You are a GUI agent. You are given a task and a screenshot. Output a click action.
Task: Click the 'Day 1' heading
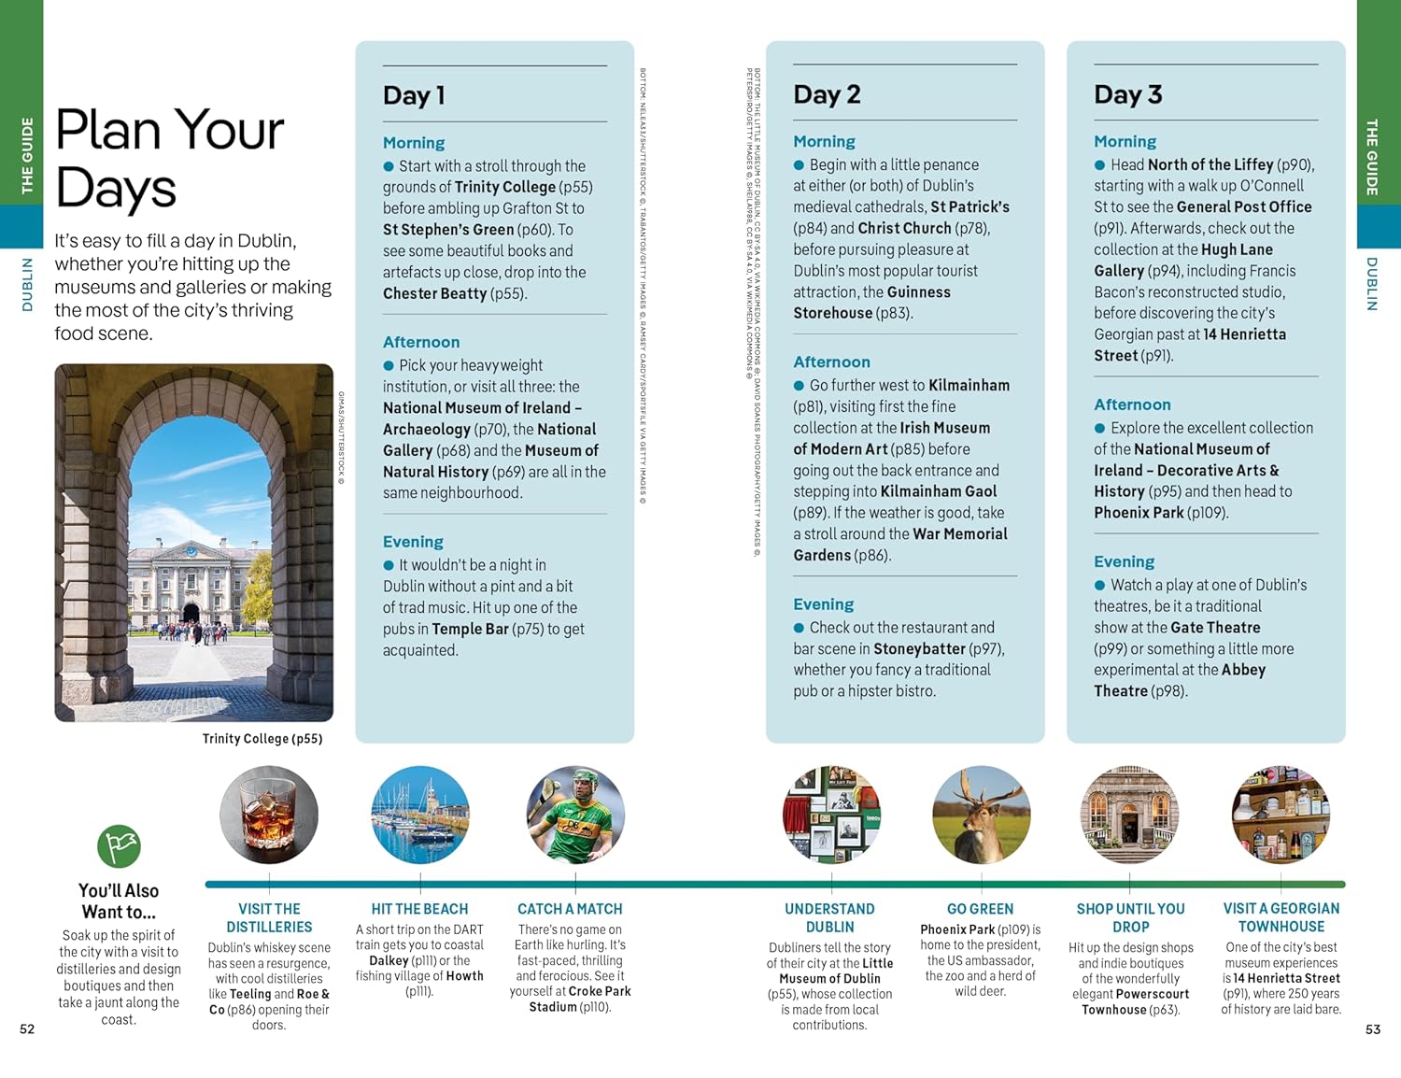[414, 95]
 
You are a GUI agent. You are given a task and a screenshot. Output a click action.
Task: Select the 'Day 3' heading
[1127, 94]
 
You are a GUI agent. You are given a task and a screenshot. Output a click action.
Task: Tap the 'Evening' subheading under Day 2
[823, 604]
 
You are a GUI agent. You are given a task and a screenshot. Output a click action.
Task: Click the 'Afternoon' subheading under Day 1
[420, 342]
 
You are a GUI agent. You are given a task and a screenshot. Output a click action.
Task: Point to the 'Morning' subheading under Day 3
[1125, 141]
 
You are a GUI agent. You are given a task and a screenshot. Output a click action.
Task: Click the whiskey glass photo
[269, 815]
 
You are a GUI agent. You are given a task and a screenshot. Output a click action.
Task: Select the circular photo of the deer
[981, 815]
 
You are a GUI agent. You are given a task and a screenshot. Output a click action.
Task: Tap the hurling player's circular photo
[575, 815]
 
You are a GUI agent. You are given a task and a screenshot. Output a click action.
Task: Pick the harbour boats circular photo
[420, 815]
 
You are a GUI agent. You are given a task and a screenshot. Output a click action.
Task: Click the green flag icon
[119, 846]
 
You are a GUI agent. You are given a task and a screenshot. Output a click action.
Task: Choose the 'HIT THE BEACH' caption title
[419, 909]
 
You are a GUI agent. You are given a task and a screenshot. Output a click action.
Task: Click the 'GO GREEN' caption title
[980, 909]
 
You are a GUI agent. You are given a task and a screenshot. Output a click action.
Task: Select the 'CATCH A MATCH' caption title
[570, 909]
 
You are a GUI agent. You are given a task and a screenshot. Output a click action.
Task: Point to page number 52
[27, 1028]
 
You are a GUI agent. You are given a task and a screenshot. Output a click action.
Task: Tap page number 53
[1372, 1028]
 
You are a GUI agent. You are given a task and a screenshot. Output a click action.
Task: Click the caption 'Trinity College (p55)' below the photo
[262, 739]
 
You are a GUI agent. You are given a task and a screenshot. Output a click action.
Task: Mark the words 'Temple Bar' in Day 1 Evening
[470, 630]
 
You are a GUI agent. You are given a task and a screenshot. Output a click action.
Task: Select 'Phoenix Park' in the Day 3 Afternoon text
[1139, 513]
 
